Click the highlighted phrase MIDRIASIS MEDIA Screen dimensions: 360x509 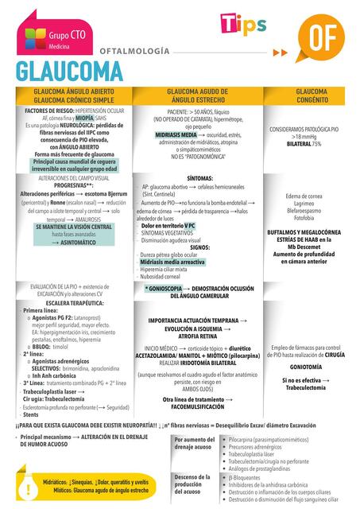176,136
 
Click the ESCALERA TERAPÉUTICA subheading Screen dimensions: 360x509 70,302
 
